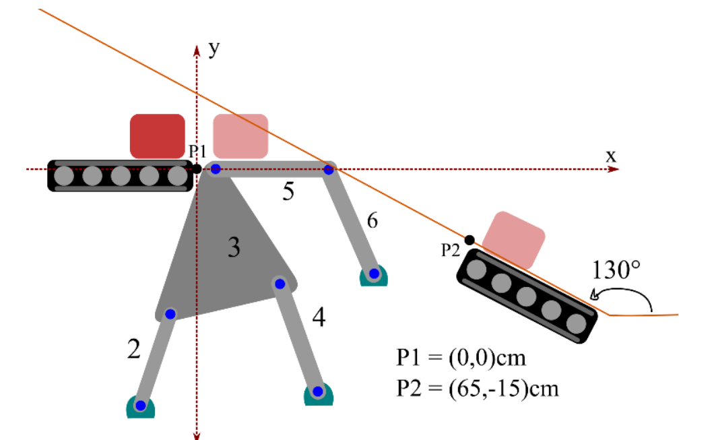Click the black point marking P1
tap(196, 168)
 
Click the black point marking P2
tap(470, 240)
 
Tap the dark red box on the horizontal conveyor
tap(157, 136)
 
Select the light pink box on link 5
tap(240, 136)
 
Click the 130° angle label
tap(616, 270)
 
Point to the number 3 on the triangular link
tap(234, 249)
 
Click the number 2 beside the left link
tap(134, 348)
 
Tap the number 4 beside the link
tap(319, 317)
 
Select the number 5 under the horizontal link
tap(288, 193)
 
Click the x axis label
tap(610, 155)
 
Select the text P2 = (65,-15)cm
tap(478, 389)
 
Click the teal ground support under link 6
tap(373, 276)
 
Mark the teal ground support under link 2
tap(140, 408)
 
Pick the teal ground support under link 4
tap(318, 394)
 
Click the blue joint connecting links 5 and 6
tap(329, 170)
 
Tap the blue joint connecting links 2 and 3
tap(170, 313)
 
